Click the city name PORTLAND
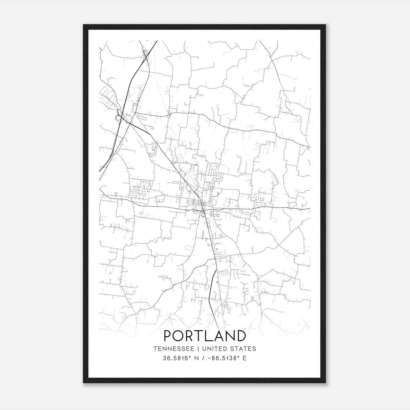(205, 336)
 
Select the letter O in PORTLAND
(180, 336)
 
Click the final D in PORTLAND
(241, 336)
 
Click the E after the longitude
(244, 358)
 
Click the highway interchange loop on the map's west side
(118, 118)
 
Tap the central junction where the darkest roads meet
(203, 210)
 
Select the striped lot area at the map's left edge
(108, 95)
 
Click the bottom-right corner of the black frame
(325, 383)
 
